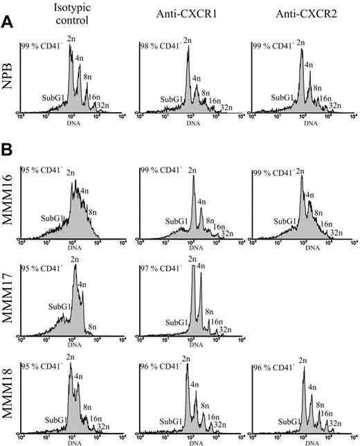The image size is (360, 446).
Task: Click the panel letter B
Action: pos(7,150)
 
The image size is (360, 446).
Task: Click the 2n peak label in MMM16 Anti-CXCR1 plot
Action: pos(191,170)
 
